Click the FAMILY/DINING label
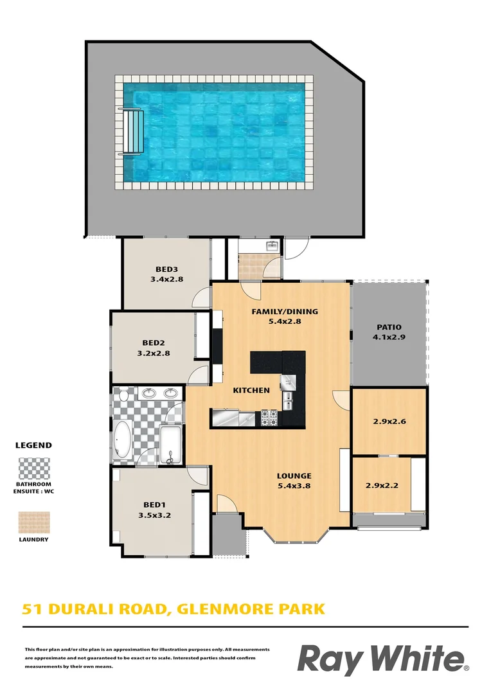click(x=284, y=312)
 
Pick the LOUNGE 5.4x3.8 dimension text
click(x=294, y=486)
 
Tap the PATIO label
click(x=389, y=326)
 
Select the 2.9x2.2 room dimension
click(x=382, y=485)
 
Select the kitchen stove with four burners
click(x=268, y=418)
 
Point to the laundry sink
click(x=272, y=245)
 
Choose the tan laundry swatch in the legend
click(x=34, y=522)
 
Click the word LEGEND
click(x=33, y=445)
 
